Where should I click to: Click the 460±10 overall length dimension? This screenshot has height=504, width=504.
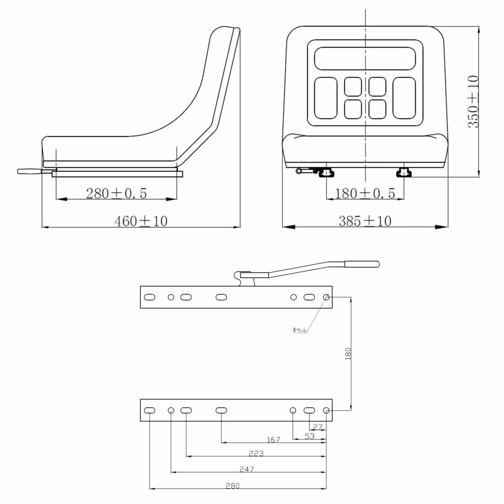point(141,221)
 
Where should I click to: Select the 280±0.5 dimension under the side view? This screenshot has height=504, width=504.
point(116,193)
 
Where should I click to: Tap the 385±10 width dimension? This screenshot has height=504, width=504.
point(365,221)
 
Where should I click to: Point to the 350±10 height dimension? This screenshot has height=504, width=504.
point(473,101)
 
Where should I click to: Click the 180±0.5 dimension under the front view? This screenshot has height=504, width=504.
point(365,193)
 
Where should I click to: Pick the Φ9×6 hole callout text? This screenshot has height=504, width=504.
point(300,330)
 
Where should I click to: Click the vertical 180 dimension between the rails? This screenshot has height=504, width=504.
point(348,353)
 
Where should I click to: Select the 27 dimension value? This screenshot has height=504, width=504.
point(317,427)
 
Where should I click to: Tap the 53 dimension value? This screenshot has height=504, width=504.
point(310,436)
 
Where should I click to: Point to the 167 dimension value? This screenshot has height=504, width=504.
point(274,440)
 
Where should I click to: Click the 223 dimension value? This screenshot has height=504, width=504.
point(256,453)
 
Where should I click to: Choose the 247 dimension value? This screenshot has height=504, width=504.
point(247,469)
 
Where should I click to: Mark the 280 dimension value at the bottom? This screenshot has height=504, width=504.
point(232,486)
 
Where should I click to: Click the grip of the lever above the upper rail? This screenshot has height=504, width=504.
point(362,264)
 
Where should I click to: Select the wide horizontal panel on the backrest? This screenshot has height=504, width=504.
point(365,59)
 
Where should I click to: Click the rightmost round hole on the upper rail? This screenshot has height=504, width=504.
point(326,297)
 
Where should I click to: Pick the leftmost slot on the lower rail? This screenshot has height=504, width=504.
point(150,411)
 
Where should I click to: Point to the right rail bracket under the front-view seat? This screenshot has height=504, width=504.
point(404,173)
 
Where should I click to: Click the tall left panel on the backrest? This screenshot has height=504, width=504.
point(326,98)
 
